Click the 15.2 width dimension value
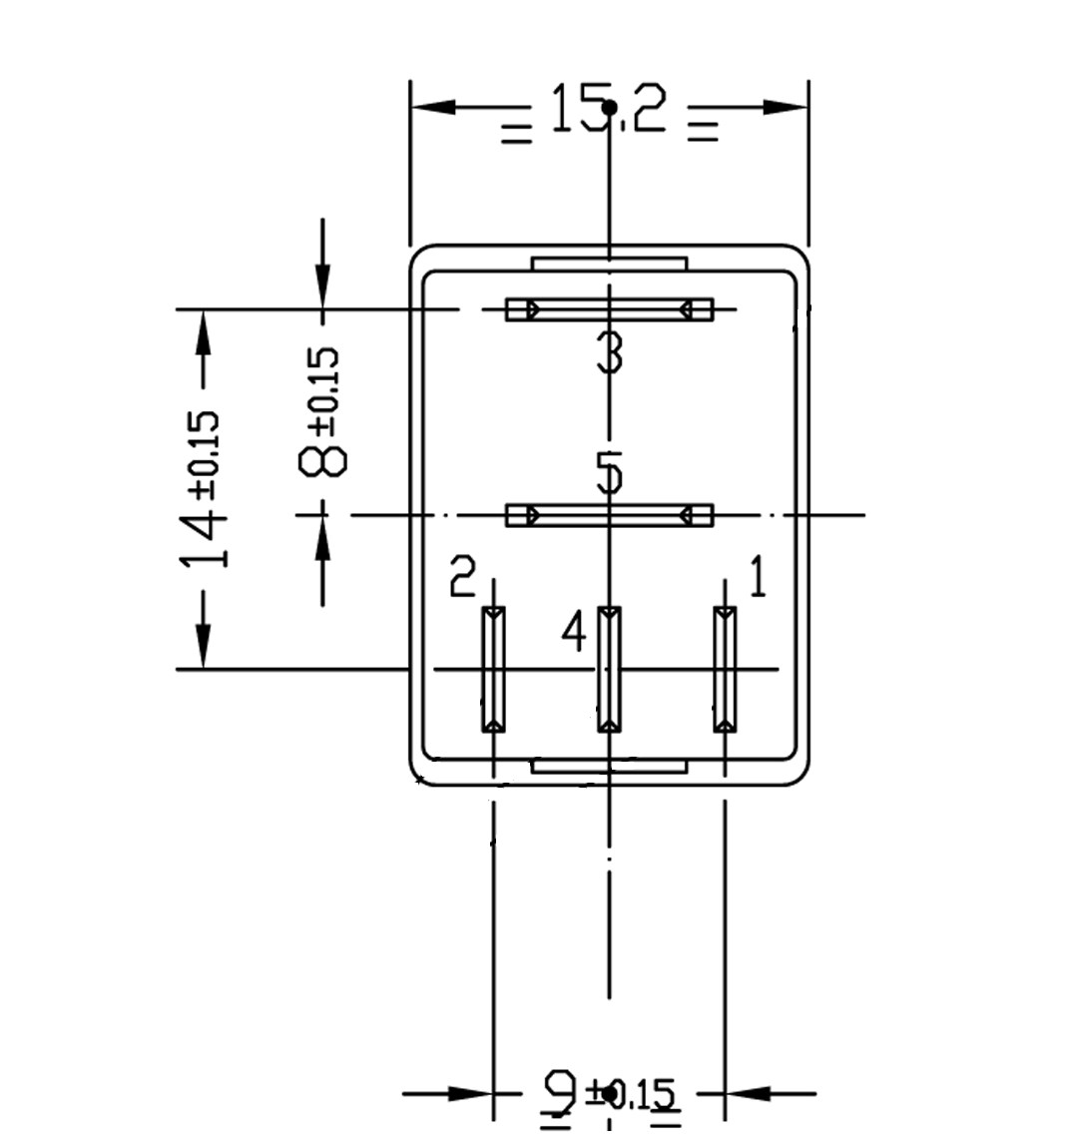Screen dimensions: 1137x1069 click(607, 110)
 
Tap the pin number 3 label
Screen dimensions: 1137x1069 click(610, 352)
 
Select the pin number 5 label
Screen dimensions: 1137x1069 click(610, 473)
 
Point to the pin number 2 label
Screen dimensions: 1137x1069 click(463, 576)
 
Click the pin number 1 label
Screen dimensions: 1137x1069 click(758, 578)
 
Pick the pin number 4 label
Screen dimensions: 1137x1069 click(573, 631)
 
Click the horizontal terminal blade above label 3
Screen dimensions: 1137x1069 click(609, 309)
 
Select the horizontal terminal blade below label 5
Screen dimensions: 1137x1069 click(609, 516)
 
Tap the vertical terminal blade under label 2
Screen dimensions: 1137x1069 click(493, 669)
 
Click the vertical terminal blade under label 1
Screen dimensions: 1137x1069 click(725, 669)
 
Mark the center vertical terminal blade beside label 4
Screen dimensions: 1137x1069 click(609, 669)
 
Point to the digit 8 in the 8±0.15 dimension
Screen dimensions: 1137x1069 click(324, 460)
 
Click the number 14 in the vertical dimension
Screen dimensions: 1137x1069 click(204, 535)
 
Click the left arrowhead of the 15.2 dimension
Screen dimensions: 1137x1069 click(433, 107)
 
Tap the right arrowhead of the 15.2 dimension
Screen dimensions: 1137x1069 click(785, 107)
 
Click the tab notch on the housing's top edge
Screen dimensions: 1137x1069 click(610, 265)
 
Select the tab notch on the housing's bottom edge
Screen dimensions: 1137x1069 click(609, 767)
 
